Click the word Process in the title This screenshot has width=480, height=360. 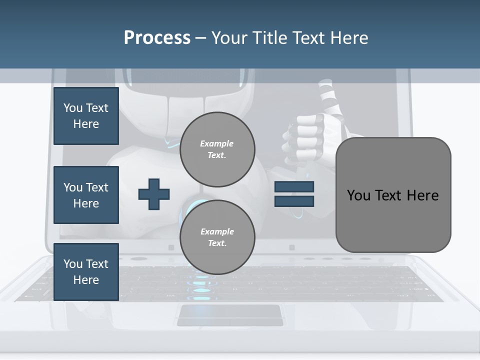[157, 38]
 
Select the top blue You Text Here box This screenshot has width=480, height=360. [86, 116]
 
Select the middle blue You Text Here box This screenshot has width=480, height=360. [86, 195]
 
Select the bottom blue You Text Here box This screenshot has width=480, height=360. [86, 272]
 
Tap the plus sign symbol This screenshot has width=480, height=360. [154, 194]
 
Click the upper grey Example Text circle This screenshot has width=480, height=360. [217, 149]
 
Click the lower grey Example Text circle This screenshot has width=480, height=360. [217, 237]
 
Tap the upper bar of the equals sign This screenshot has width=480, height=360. [294, 186]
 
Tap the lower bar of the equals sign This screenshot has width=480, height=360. [294, 201]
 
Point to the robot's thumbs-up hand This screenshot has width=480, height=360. [305, 135]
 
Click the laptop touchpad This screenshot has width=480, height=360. [229, 315]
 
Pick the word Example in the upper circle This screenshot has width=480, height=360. [217, 143]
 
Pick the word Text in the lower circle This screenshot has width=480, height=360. [216, 243]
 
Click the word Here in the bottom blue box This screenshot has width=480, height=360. [86, 280]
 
